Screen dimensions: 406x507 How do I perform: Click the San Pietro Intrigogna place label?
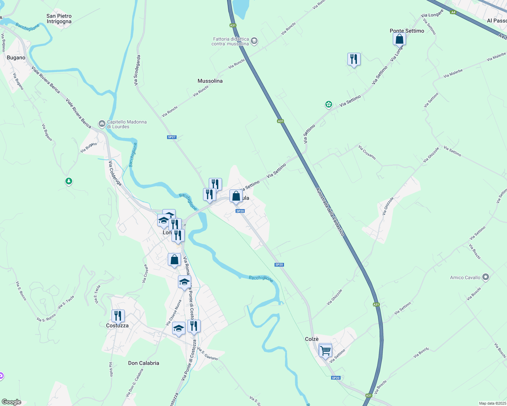[59, 19]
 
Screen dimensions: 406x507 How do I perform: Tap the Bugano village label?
[16, 58]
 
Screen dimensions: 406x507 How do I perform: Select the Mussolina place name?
[210, 81]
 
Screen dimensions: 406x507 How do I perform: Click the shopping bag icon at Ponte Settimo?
[400, 39]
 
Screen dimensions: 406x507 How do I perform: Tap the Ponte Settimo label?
[407, 31]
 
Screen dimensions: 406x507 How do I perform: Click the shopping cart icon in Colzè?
[325, 351]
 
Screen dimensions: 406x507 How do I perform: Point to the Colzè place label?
[312, 339]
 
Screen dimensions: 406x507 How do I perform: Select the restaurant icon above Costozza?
[118, 316]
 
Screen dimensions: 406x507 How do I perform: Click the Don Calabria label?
[144, 363]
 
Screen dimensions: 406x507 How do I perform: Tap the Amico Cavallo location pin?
[486, 277]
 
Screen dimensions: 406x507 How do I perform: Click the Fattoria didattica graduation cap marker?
[254, 41]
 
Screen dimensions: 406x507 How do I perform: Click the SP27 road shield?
[172, 137]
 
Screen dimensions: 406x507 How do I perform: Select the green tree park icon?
[69, 181]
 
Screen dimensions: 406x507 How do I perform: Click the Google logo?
[11, 402]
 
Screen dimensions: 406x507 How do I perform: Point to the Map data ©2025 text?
[492, 403]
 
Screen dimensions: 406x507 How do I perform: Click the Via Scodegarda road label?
[137, 70]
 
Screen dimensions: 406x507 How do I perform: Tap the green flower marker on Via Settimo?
[328, 104]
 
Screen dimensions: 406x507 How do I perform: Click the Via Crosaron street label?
[367, 152]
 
